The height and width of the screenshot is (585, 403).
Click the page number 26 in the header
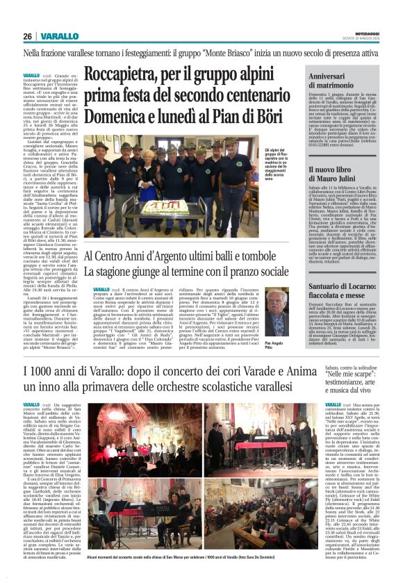[27, 36]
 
